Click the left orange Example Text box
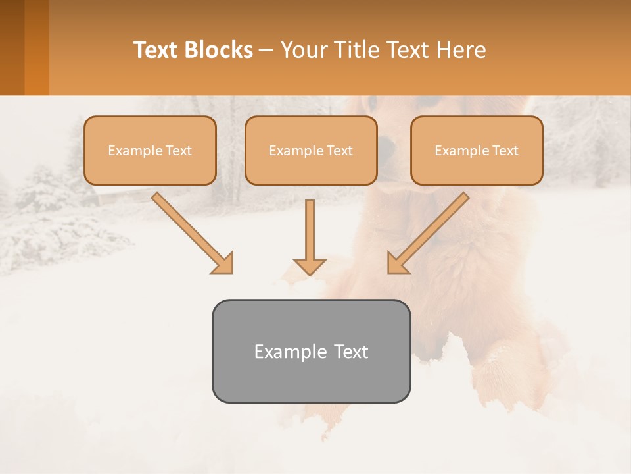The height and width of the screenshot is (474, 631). [150, 150]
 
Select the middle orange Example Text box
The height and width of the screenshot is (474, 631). [311, 150]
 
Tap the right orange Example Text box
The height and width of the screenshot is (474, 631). [477, 150]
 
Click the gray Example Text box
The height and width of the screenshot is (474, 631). [311, 351]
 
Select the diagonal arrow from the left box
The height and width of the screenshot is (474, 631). [191, 230]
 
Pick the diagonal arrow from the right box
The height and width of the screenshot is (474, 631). [431, 230]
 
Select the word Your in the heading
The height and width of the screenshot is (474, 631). [302, 50]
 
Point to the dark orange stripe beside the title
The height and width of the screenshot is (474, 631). [36, 47]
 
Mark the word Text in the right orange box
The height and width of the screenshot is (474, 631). [504, 151]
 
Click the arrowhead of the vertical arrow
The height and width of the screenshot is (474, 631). [310, 266]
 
